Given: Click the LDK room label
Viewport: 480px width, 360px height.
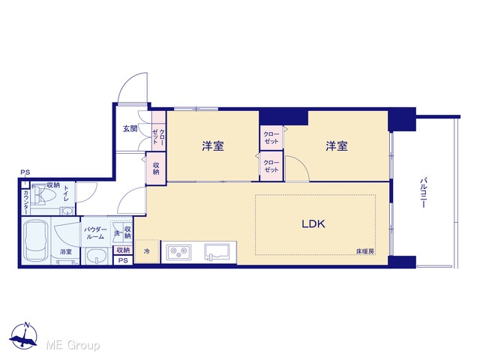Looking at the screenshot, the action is pos(313,223).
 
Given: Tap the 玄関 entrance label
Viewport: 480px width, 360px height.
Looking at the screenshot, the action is pos(130,128).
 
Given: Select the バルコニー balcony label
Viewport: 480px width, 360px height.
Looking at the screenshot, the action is pos(423,192).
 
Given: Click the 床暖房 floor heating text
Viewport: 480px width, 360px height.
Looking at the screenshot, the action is pos(365,251).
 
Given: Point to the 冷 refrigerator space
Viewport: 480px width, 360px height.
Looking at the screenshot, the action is pos(147,251).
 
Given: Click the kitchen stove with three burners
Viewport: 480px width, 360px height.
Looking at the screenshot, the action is pos(178,252).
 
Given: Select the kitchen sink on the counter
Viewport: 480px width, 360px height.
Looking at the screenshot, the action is pos(217,252).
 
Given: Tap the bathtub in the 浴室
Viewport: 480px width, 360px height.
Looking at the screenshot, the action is pos(37,241).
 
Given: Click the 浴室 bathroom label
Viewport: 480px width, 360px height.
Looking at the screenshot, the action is pos(66,252).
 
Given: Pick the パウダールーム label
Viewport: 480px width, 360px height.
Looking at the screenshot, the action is pos(95,233).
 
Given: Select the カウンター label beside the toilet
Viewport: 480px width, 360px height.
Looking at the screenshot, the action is pos(26,202).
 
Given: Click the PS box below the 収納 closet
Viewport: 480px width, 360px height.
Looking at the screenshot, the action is pos(123,260).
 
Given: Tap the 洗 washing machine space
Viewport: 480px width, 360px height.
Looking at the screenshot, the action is pos(117,232).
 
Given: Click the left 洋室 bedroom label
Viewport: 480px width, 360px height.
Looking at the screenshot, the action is pos(213,146).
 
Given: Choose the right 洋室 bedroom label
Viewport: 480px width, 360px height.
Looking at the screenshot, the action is pos(337,146).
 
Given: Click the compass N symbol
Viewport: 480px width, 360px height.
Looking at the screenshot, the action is pos(27,325).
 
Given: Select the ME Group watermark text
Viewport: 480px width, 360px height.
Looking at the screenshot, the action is pos(73,345).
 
